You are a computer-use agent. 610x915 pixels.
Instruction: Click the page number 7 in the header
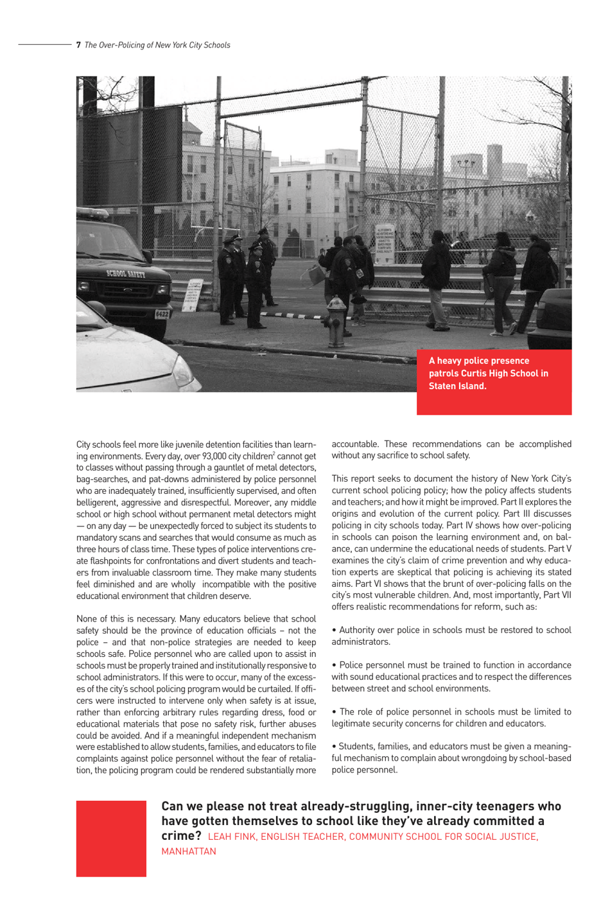(78, 45)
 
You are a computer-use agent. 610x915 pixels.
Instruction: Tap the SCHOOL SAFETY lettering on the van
(126, 274)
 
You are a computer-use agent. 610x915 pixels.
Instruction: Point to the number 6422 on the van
(162, 314)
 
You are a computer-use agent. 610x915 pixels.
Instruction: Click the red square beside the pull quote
(111, 838)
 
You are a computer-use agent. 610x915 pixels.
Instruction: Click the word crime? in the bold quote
(181, 835)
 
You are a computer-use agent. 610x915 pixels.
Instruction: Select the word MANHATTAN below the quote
(189, 851)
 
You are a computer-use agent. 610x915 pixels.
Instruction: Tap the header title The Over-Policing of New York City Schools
(157, 45)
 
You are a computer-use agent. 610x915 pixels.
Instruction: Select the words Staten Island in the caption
(457, 386)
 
